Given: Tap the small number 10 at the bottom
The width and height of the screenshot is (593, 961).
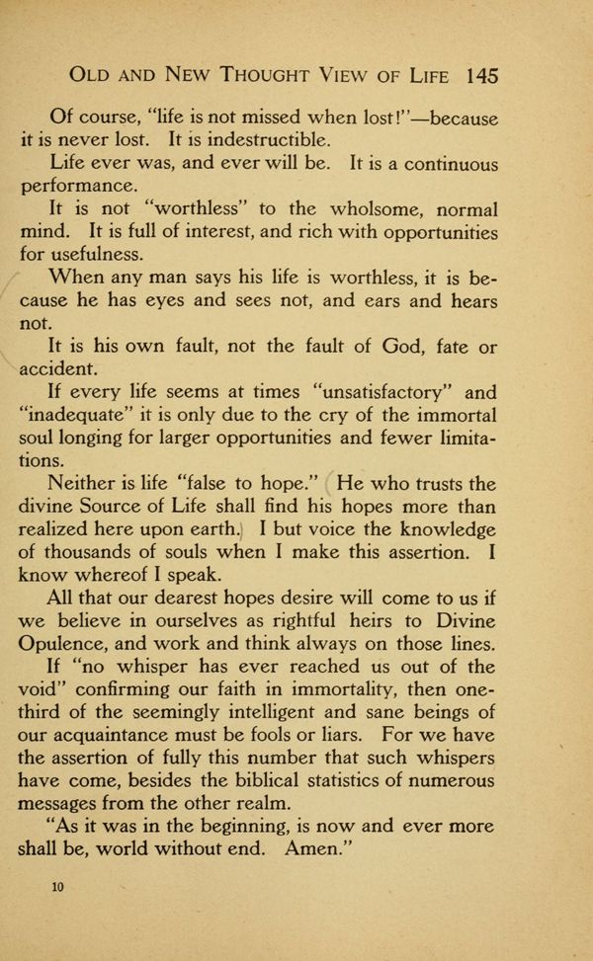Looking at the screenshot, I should click(x=57, y=887).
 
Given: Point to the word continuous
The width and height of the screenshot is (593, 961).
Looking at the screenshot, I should click(x=435, y=164).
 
